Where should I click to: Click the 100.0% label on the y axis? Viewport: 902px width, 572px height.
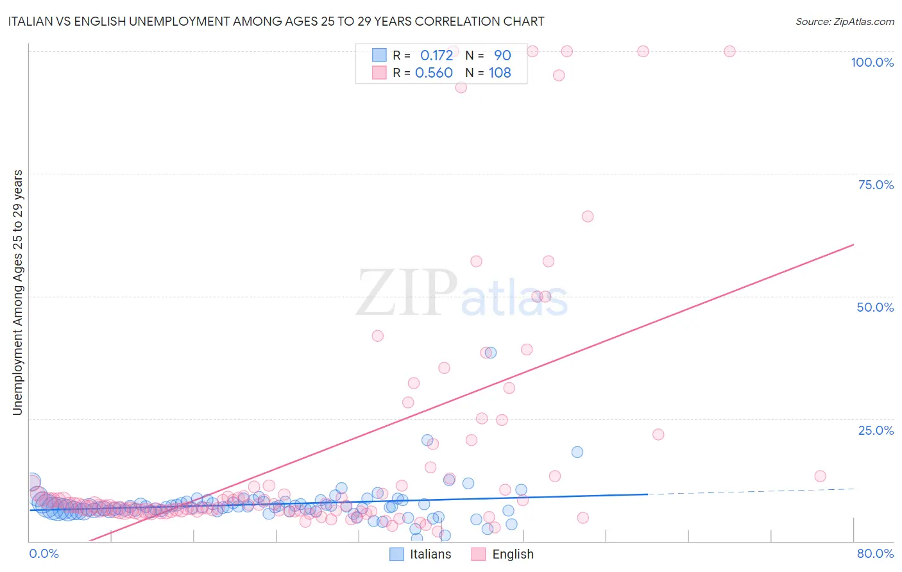872,62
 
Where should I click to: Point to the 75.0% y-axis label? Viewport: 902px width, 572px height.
876,185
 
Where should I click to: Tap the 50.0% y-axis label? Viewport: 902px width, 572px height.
875,307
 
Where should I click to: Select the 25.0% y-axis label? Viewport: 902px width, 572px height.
876,430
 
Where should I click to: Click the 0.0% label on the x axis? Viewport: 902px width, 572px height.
44,553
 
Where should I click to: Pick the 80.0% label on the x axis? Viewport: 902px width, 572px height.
875,553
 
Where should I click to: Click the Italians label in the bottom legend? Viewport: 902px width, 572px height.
430,554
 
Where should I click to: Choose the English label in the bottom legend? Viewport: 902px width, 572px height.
513,554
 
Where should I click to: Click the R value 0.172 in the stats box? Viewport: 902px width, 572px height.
436,55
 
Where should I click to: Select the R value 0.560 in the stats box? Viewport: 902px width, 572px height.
434,72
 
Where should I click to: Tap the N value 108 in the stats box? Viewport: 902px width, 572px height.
500,72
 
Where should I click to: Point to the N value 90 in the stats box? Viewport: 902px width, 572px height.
502,55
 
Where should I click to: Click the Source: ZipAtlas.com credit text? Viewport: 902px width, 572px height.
844,21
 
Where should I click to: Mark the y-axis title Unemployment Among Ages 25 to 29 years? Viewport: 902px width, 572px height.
17,292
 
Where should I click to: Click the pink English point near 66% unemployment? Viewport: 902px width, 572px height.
588,216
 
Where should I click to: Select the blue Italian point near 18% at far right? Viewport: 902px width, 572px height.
577,452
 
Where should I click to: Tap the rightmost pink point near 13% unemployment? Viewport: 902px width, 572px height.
820,476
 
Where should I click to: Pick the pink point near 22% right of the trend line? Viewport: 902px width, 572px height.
658,434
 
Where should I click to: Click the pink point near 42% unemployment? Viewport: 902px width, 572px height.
378,336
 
